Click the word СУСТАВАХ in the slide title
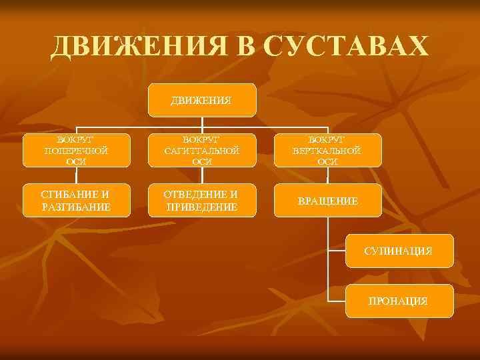coord(346,47)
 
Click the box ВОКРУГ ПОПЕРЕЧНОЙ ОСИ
coord(76,150)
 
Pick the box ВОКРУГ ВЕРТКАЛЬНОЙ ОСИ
coord(327,150)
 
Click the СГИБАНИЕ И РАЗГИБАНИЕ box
coord(76,200)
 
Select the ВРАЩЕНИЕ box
coord(327,201)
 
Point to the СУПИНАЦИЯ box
coord(399,251)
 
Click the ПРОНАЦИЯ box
coord(399,301)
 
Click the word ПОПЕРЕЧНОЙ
coord(76,150)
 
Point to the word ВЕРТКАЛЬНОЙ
coord(327,150)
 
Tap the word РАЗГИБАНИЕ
coord(76,207)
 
